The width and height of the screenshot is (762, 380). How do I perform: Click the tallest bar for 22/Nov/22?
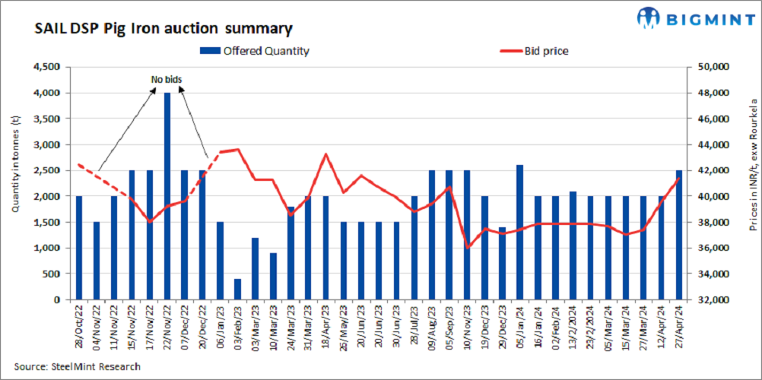click(167, 196)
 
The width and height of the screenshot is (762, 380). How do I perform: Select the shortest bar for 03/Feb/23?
click(237, 289)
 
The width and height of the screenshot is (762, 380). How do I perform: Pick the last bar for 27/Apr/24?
click(678, 235)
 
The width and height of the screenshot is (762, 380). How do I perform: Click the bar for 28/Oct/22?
click(78, 248)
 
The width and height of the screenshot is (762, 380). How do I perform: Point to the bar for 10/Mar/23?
click(273, 276)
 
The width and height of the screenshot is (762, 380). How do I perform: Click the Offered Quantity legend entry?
click(255, 51)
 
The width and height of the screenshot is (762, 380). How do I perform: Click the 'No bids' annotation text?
click(167, 79)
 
